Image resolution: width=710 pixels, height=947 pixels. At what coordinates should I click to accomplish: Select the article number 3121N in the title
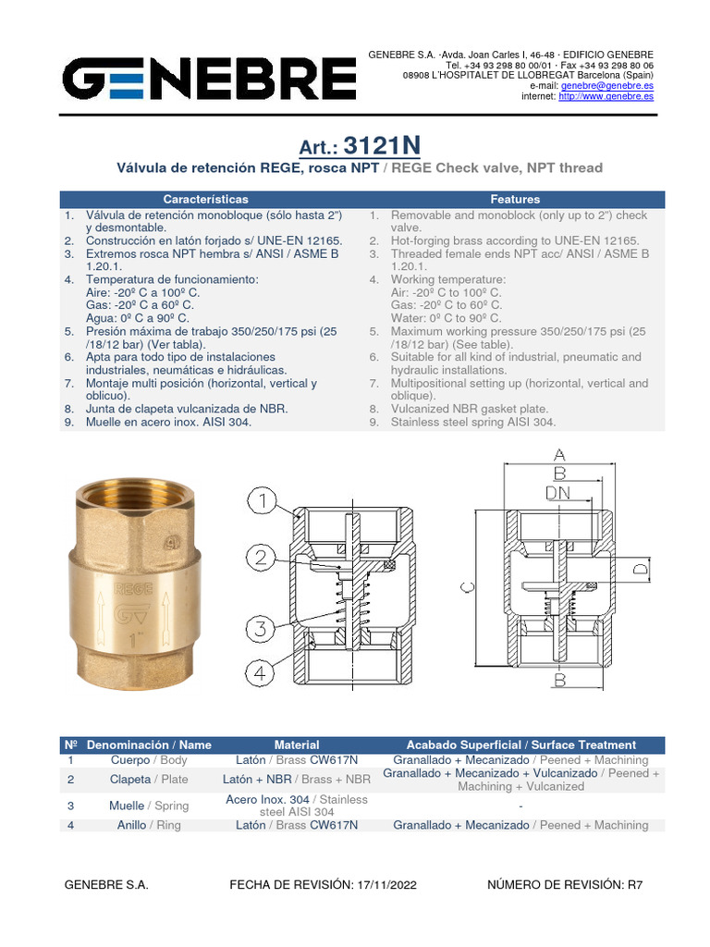pyautogui.click(x=381, y=147)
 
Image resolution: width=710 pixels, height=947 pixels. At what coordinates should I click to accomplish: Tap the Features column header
pyautogui.click(x=515, y=199)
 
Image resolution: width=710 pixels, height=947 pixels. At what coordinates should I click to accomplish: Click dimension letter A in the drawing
pyautogui.click(x=558, y=455)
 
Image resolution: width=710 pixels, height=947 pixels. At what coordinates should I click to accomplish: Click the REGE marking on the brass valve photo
pyautogui.click(x=127, y=586)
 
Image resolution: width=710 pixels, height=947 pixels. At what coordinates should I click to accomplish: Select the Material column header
pyautogui.click(x=297, y=744)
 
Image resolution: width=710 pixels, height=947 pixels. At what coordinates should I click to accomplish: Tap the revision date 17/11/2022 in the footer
pyautogui.click(x=386, y=885)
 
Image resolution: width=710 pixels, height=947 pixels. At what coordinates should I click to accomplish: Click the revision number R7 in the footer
pyautogui.click(x=634, y=885)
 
